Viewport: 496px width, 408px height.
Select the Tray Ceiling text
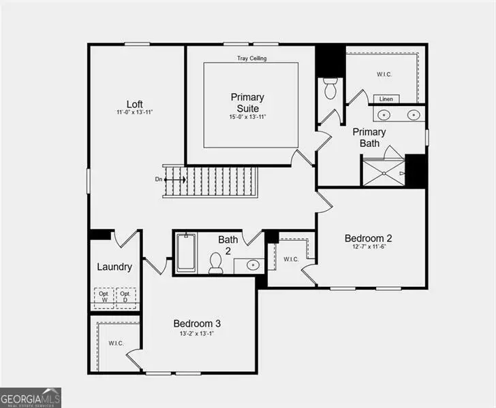click(251, 58)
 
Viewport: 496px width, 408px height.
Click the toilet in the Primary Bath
click(330, 89)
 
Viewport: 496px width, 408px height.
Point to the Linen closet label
click(386, 99)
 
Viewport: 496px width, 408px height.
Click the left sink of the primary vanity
click(385, 115)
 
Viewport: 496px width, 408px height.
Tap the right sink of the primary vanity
click(414, 115)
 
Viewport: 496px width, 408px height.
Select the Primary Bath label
click(369, 137)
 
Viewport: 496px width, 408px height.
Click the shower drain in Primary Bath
click(384, 173)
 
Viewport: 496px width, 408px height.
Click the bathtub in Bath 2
click(185, 254)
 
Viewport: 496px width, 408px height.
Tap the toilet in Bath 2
click(216, 262)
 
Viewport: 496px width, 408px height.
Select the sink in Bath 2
click(253, 265)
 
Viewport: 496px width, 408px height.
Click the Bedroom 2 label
click(368, 238)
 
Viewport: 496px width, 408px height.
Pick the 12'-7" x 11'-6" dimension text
click(368, 248)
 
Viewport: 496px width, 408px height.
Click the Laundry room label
click(114, 267)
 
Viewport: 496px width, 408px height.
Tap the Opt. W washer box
click(104, 297)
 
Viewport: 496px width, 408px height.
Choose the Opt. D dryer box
click(125, 297)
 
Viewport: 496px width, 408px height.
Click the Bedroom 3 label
click(197, 324)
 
